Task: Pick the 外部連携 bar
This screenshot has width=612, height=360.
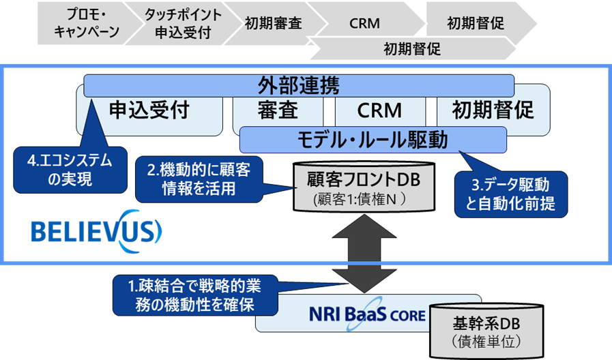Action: pos(298,86)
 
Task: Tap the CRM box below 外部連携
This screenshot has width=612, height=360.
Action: pos(379,110)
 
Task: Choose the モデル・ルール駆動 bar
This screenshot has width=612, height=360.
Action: pos(373,140)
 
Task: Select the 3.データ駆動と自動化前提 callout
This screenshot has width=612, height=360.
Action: pos(511,194)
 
